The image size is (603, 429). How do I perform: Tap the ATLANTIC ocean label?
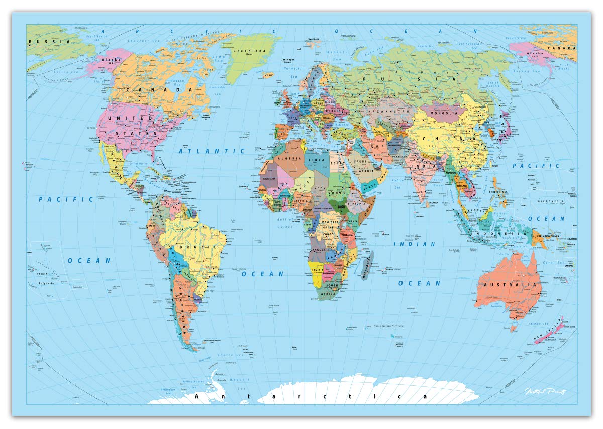coord(213,151)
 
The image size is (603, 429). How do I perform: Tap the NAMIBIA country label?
coord(318,270)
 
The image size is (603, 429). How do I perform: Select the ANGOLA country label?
coord(319,250)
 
